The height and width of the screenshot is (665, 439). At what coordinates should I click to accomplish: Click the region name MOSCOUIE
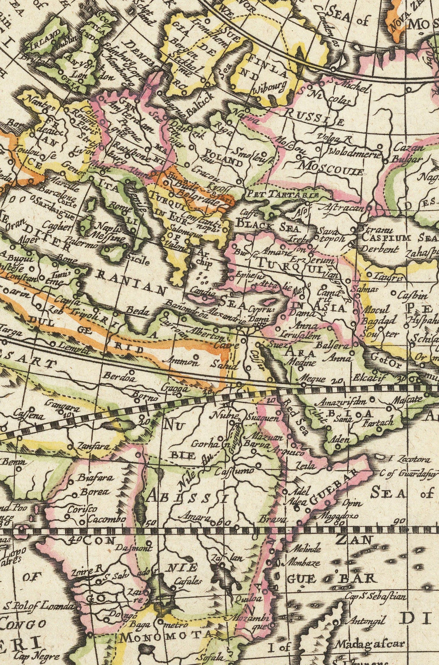[332, 169]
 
